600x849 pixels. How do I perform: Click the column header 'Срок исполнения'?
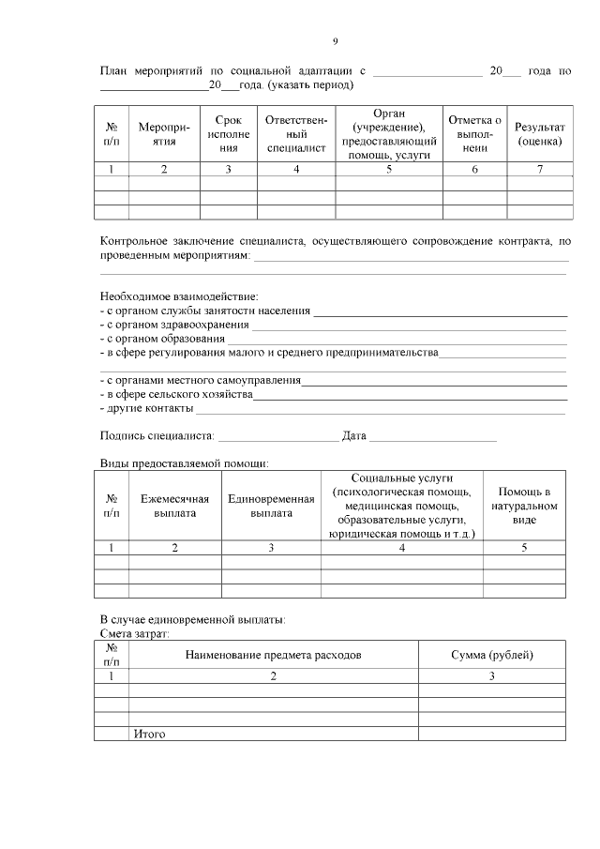pos(228,133)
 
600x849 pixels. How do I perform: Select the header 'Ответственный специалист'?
pos(296,133)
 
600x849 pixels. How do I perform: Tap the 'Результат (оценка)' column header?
pos(539,133)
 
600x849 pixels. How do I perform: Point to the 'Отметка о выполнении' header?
pos(474,133)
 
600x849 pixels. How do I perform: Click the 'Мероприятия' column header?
pos(164,133)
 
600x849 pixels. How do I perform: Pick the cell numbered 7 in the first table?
pos(539,170)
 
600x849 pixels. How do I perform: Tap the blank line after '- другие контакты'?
pos(380,409)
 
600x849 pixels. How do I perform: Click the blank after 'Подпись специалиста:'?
pos(277,436)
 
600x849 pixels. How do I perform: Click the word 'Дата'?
pos(354,435)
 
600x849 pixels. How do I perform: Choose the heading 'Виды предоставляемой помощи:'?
pos(185,463)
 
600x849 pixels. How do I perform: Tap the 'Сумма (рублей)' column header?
pos(491,654)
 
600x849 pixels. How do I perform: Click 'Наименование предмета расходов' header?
pos(273,654)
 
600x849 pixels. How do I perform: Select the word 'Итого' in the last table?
pos(150,734)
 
